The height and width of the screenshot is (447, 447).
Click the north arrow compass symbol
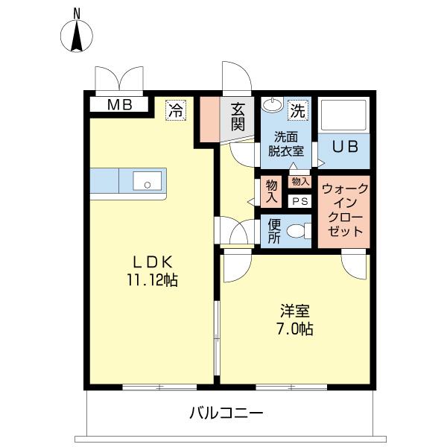77,34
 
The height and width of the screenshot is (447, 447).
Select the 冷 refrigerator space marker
176,110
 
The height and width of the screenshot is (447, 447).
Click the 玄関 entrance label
238,117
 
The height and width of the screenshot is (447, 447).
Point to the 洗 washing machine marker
297,111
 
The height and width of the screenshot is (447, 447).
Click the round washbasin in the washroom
273,105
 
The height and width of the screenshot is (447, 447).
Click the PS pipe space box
300,201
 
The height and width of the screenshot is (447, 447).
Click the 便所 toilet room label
273,231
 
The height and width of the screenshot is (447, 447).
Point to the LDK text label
153,261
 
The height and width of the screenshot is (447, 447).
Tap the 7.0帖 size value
294,329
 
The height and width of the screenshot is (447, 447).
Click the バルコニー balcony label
226,412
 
